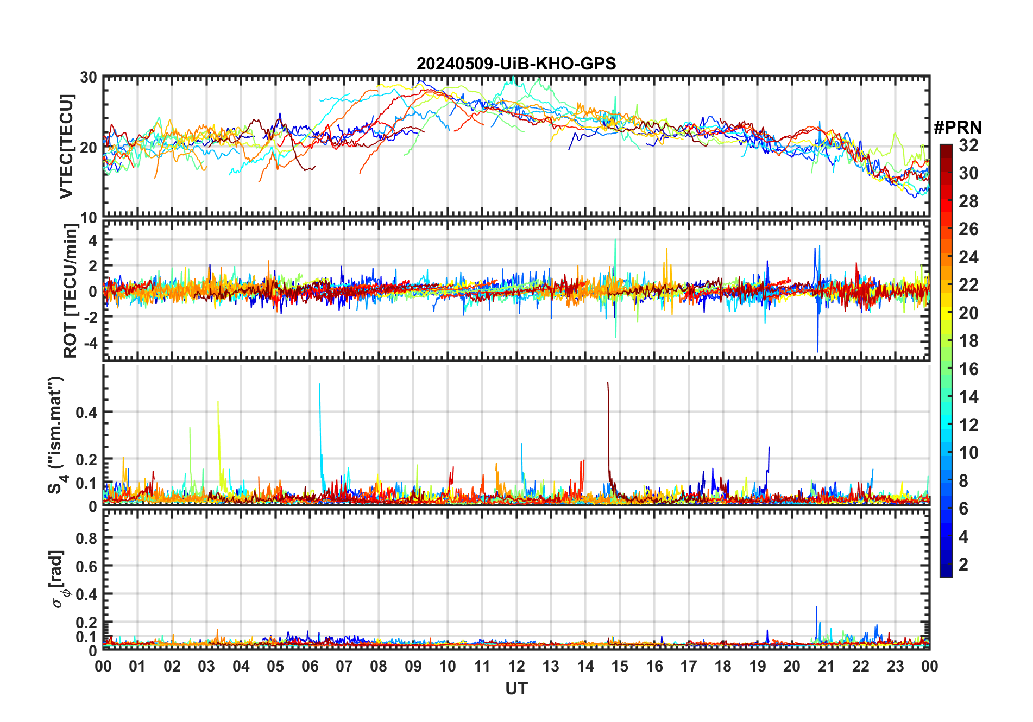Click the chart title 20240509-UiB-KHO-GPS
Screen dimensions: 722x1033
pyautogui.click(x=516, y=64)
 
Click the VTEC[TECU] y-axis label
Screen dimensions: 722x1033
pyautogui.click(x=66, y=147)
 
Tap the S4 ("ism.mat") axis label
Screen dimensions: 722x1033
pyautogui.click(x=56, y=435)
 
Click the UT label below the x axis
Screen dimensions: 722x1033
pyautogui.click(x=516, y=689)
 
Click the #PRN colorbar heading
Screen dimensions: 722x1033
pyautogui.click(x=958, y=128)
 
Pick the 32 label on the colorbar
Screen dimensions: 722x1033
pyautogui.click(x=968, y=145)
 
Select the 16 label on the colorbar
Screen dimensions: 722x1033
pyautogui.click(x=968, y=369)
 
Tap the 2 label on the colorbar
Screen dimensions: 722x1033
pyautogui.click(x=963, y=565)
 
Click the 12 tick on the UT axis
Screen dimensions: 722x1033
pyautogui.click(x=516, y=666)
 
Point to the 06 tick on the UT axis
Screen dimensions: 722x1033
pyautogui.click(x=310, y=666)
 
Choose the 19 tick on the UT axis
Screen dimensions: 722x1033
pyautogui.click(x=757, y=666)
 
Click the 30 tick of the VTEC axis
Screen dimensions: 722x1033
pyautogui.click(x=89, y=77)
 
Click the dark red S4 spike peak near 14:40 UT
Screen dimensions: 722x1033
pyautogui.click(x=608, y=383)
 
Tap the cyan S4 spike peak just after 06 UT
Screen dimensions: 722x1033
pyautogui.click(x=319, y=384)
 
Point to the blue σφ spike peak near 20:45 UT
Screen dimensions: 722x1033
pyautogui.click(x=816, y=607)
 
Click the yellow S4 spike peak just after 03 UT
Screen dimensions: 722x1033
pyautogui.click(x=218, y=402)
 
